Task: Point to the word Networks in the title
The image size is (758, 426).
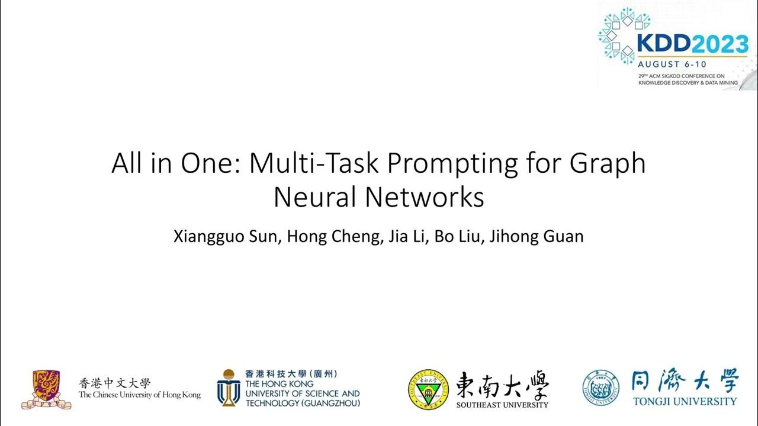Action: [x=425, y=198]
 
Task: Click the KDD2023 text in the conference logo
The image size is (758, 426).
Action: [x=692, y=44]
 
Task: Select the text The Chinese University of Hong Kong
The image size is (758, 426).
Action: [x=139, y=395]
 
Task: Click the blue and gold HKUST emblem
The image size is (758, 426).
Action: [x=227, y=388]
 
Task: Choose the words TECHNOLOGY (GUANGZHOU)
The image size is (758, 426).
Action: [x=303, y=403]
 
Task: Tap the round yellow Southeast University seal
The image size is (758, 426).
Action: [x=428, y=389]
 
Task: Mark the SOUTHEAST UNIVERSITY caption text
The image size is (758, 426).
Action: [x=502, y=405]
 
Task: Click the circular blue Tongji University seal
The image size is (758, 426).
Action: [x=600, y=388]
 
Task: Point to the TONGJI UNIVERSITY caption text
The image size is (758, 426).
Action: [x=685, y=401]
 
